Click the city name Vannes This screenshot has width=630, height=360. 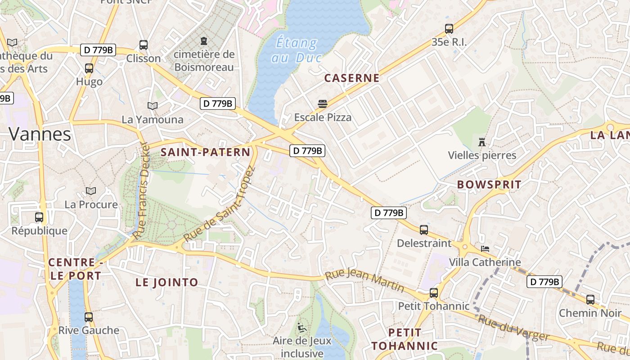coord(40,134)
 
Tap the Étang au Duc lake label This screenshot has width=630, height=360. coord(296,50)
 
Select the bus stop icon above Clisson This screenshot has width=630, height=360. coord(144,45)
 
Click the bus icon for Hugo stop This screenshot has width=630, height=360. coord(89,68)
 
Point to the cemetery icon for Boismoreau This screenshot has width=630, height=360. coord(204,41)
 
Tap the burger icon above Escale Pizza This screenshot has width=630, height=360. coord(322,104)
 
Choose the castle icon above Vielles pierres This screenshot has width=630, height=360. coord(482,142)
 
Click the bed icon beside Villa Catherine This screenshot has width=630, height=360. coord(485,248)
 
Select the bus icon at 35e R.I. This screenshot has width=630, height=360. coord(449,29)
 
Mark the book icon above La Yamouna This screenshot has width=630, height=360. coord(153,106)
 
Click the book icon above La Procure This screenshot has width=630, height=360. coord(91,191)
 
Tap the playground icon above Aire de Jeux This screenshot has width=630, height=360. coord(301,327)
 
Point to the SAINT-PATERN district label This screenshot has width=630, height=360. coord(205,152)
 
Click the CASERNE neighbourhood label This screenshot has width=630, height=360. coord(352,78)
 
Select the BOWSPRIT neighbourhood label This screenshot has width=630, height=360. coord(489,184)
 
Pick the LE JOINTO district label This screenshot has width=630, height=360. coord(167,282)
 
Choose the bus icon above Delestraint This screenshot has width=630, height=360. coord(423,230)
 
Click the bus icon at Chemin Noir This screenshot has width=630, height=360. coord(590,299)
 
